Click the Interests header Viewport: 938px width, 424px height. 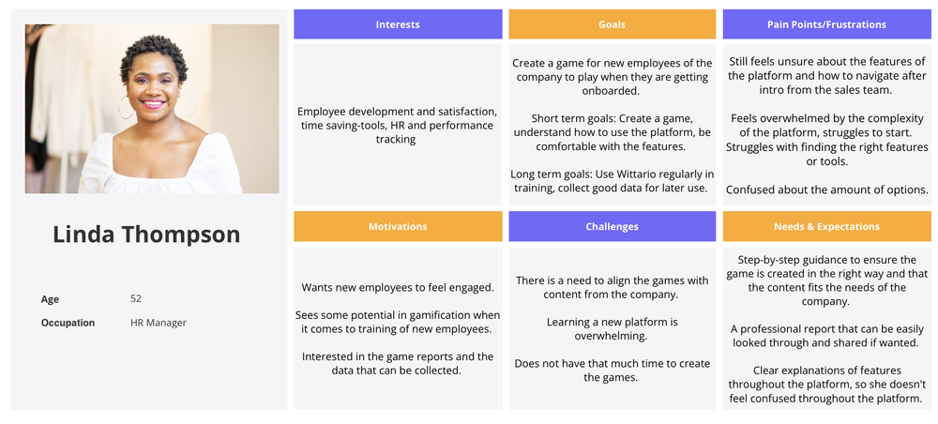point(398,24)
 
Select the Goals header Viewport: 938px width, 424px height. point(612,24)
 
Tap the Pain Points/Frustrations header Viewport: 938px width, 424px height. point(826,24)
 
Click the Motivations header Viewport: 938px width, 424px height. point(398,227)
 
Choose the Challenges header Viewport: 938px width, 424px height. point(612,227)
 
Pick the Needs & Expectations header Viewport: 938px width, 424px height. point(826,227)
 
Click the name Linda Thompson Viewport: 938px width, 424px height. point(146,235)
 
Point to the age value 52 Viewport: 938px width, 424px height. point(136,298)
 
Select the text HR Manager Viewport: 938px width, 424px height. point(159,323)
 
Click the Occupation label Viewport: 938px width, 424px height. point(68,323)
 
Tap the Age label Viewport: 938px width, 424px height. point(51,299)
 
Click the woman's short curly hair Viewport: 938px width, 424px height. point(154,55)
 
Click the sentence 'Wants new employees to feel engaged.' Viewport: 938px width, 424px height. point(398,288)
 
